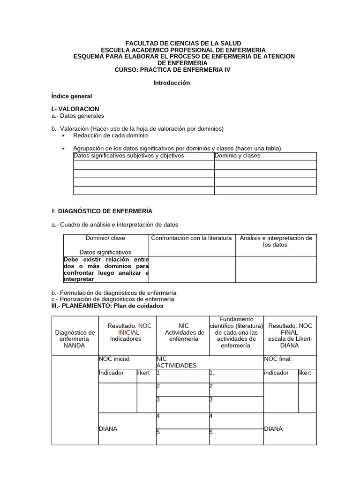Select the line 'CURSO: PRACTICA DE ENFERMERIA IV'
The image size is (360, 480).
coord(172,69)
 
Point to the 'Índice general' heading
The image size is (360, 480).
coord(71,96)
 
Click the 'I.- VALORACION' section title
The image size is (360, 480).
coord(75,109)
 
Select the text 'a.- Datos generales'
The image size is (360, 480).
coord(77,115)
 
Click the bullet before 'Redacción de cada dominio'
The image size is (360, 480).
coord(63,135)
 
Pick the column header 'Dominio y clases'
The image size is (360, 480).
coord(238,156)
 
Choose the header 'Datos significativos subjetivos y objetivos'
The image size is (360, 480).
coord(129,156)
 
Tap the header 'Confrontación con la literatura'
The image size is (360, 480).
coord(191,238)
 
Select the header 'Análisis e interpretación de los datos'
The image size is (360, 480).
coord(276,241)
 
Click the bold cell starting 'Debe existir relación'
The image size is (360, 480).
coord(106,269)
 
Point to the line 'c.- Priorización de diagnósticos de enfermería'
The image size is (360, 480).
coord(112,299)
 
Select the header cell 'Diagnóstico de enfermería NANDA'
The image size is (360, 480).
coord(75,339)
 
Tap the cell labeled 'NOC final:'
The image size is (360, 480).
coord(278,359)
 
